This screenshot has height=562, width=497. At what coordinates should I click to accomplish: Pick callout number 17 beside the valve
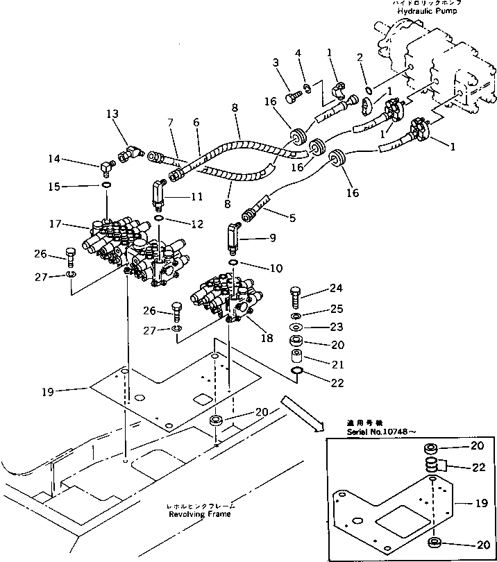tap(58, 224)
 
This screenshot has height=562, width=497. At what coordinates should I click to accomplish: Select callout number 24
tap(335, 289)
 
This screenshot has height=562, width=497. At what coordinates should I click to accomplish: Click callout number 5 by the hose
tap(292, 217)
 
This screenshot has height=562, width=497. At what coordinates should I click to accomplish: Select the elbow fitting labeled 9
tap(233, 237)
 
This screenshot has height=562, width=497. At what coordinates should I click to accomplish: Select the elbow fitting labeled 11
tap(159, 192)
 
